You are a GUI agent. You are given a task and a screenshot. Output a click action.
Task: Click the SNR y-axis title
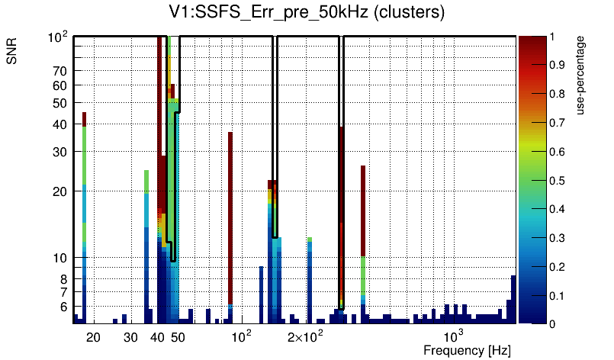(x=12, y=52)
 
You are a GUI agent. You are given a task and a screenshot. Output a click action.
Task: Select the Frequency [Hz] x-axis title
(x=466, y=350)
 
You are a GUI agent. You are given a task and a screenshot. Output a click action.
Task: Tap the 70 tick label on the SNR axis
(x=60, y=71)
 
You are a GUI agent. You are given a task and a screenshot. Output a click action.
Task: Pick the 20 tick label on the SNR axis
(x=60, y=191)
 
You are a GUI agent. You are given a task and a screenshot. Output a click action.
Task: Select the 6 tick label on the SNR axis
(x=63, y=306)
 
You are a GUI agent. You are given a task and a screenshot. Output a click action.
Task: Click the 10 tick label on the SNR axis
(x=60, y=257)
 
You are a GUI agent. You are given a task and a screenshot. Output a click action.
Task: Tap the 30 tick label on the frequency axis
(x=130, y=336)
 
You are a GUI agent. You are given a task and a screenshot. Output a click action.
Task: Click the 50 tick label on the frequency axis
(x=178, y=336)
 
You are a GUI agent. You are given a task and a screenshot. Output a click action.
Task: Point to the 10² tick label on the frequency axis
(x=240, y=335)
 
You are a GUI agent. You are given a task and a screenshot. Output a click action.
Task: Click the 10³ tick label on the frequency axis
(x=453, y=335)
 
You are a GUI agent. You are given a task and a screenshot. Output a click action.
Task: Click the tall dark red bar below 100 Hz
(x=230, y=214)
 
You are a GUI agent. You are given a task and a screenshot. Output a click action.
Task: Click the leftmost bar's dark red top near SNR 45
(x=84, y=117)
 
